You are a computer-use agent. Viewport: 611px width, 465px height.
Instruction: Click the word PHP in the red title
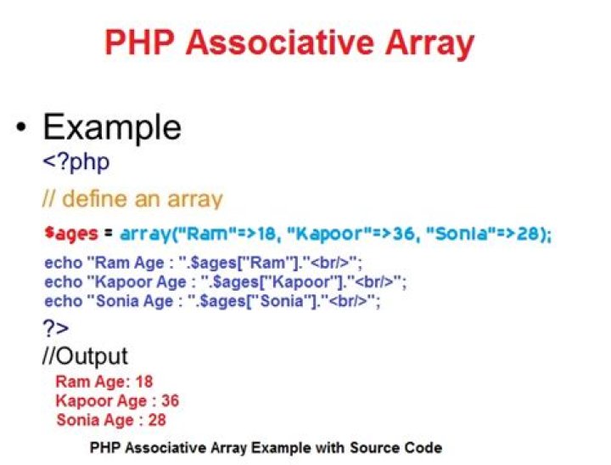[139, 43]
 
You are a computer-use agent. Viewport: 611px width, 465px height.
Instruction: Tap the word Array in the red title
[429, 45]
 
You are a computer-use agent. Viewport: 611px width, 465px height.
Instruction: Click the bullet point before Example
[22, 127]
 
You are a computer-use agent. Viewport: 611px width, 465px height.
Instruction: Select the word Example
[112, 128]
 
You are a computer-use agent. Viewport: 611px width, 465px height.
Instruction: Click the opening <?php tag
[76, 162]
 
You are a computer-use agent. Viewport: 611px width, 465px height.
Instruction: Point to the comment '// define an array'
[132, 199]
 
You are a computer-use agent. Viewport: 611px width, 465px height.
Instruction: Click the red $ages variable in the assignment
[71, 233]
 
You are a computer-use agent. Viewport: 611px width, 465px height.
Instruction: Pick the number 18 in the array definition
[267, 234]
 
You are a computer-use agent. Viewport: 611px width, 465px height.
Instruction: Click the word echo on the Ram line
[63, 263]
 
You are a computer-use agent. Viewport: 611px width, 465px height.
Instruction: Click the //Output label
[85, 355]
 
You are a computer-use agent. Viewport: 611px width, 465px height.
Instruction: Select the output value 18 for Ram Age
[143, 382]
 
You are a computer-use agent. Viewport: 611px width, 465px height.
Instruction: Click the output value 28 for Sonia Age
[157, 420]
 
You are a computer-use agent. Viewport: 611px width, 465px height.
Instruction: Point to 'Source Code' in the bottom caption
[396, 447]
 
